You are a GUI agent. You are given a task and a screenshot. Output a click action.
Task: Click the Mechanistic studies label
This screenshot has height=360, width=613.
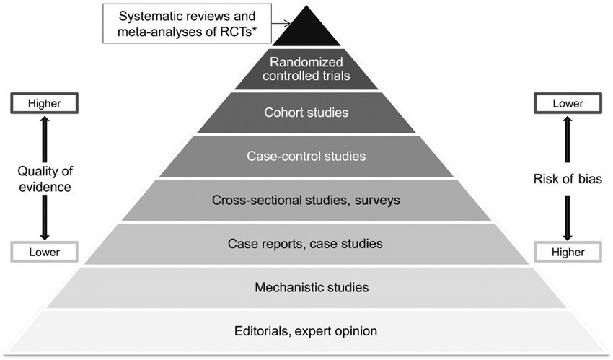click(x=312, y=287)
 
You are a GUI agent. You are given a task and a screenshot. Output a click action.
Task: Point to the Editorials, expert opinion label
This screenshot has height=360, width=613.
click(x=306, y=331)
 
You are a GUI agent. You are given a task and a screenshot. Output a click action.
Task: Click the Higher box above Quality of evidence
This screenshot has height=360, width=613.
click(x=44, y=104)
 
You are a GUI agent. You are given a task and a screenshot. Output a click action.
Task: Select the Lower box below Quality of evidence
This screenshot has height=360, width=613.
click(x=44, y=252)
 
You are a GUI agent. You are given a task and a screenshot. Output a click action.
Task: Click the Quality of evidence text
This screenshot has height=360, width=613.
click(x=44, y=178)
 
